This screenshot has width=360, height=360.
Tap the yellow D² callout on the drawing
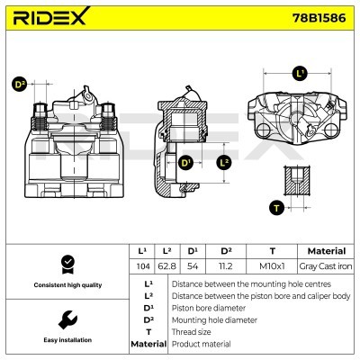[20, 85]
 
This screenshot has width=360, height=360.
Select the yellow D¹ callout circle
[185, 163]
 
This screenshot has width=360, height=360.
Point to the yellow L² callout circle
[225, 163]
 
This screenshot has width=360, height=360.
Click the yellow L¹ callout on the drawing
[300, 74]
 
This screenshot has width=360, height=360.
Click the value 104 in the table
[140, 267]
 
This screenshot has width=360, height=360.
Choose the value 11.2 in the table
[226, 267]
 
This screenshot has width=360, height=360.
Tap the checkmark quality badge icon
[66, 264]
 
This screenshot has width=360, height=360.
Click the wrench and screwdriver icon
[66, 319]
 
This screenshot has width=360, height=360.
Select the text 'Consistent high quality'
[66, 285]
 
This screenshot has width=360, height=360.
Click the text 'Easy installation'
[66, 341]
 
